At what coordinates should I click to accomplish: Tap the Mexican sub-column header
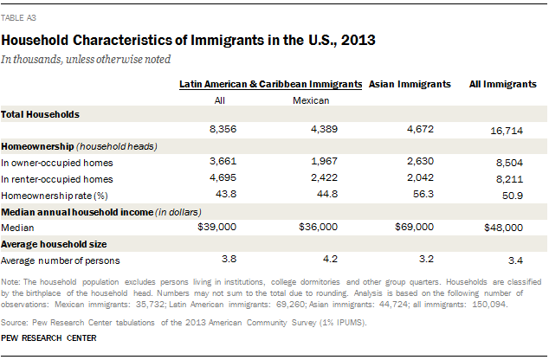[310, 100]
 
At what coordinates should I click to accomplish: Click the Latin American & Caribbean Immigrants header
[270, 84]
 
